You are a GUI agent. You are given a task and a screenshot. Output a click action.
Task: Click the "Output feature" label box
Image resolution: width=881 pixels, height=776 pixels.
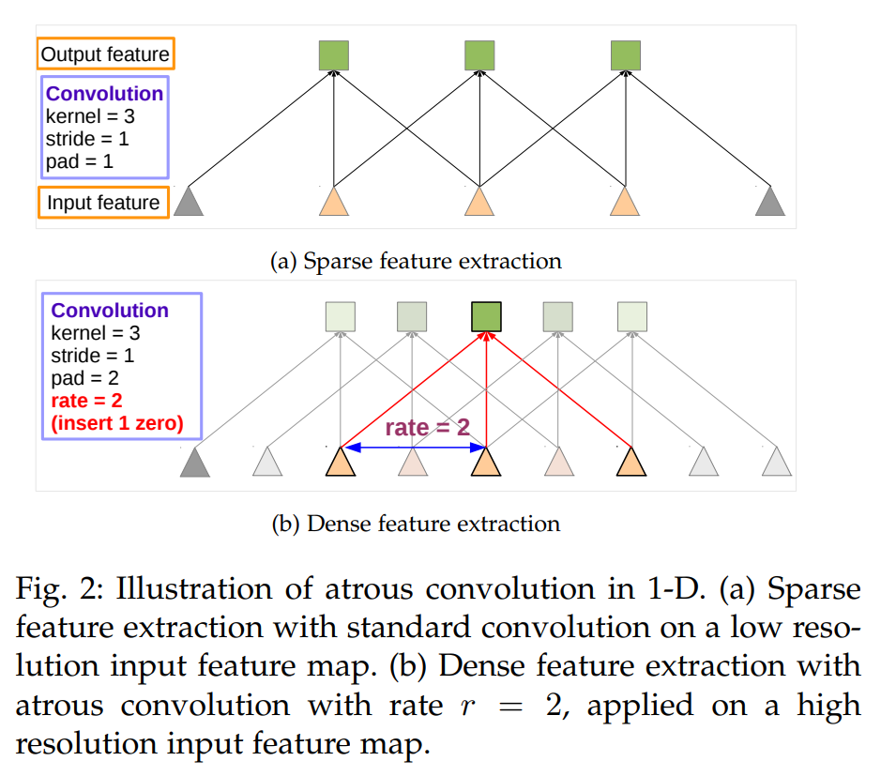105,54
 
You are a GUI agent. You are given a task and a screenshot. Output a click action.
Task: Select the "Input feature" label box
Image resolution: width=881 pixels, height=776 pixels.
103,203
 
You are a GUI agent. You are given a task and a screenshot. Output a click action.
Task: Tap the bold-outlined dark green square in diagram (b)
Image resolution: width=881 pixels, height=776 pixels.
486,316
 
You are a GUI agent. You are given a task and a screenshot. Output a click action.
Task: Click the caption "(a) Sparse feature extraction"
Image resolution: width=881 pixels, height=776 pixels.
416,261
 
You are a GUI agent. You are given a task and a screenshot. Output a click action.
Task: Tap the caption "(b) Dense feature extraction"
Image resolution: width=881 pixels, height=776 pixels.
416,524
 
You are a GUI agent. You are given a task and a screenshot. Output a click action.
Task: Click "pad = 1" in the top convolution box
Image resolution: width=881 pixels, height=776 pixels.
79,161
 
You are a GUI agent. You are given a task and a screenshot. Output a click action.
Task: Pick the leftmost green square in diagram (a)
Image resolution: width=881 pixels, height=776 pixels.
333,55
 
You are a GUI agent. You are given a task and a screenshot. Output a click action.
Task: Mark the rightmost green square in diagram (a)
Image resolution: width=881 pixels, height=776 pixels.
625,55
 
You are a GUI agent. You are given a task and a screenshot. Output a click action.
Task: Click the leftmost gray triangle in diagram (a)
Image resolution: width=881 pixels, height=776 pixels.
189,202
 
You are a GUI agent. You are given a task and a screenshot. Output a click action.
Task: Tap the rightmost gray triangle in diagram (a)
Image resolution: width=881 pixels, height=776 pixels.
769,202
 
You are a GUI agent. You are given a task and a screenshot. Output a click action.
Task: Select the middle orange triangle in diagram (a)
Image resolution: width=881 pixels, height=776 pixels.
479,202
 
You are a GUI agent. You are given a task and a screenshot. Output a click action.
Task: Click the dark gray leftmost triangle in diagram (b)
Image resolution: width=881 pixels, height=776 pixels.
195,462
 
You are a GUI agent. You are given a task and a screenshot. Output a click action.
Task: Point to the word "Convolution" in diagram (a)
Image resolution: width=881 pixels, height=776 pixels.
104,94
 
